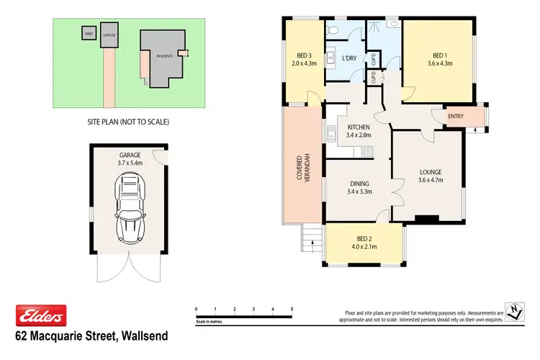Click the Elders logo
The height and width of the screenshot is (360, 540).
[x=41, y=315]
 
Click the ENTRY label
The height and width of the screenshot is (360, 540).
[x=456, y=117]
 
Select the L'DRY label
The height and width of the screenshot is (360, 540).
[x=349, y=58]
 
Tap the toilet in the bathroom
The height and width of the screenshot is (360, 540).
[x=332, y=30]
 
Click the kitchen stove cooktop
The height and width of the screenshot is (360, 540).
[x=366, y=151]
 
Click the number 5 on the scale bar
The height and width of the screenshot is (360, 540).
[x=292, y=308]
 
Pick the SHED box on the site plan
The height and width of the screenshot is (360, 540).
[x=89, y=33]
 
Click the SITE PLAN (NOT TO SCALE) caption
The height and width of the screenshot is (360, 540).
[x=127, y=122]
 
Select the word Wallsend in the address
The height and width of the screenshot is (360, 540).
[x=144, y=336]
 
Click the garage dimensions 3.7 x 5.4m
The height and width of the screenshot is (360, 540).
[x=130, y=163]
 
